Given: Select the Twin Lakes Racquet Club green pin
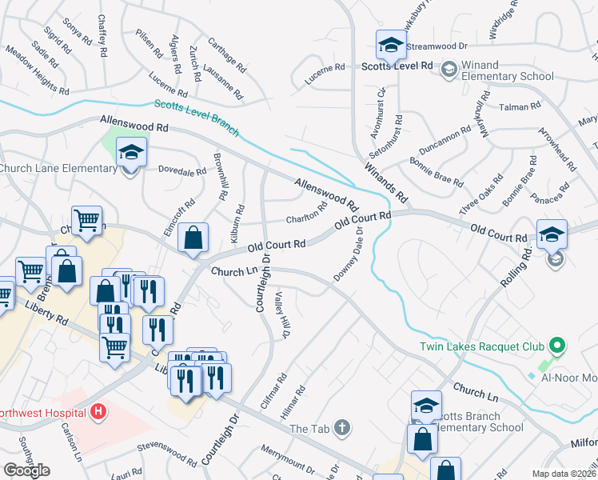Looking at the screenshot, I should [x=557, y=346].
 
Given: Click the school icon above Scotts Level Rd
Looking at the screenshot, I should [x=390, y=44].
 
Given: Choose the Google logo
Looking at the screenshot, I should [x=26, y=470].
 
